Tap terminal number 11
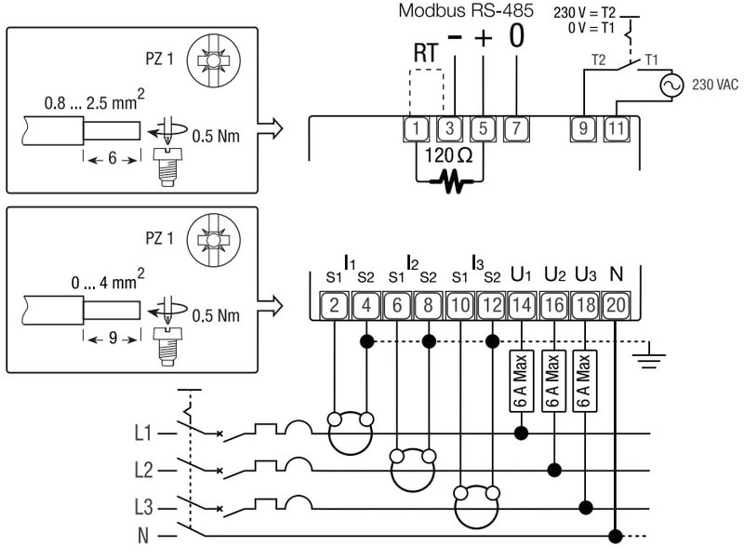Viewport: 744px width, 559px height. coord(615,127)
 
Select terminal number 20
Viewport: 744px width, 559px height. coord(615,305)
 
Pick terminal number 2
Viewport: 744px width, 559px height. coord(333,305)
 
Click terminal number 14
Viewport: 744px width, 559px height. coord(522,305)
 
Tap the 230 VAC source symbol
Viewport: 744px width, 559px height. coord(670,85)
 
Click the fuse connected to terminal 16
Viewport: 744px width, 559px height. coord(553,383)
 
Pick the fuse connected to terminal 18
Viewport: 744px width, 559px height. coord(584,383)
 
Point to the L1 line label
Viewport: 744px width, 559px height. coord(141,433)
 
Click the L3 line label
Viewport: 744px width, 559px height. coord(141,507)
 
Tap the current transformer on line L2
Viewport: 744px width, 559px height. coord(413,468)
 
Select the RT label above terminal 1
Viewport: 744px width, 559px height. coord(425,52)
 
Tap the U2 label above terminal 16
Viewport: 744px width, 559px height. coord(554,275)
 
